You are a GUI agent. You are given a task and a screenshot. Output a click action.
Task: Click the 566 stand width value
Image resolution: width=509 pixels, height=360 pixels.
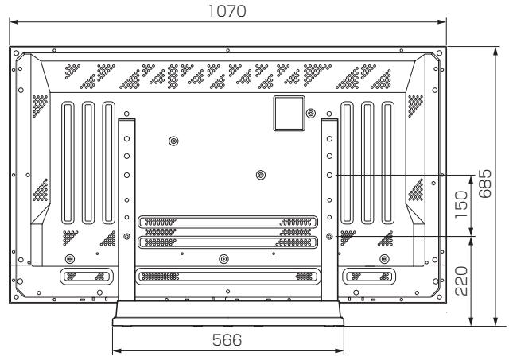pos(228,340)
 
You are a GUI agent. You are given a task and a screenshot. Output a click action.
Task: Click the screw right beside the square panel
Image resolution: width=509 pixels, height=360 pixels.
pos(310,114)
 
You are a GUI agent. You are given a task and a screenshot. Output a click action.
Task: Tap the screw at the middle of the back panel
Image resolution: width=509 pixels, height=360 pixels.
pos(261,174)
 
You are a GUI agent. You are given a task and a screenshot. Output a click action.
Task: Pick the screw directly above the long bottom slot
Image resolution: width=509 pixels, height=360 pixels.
pos(223,259)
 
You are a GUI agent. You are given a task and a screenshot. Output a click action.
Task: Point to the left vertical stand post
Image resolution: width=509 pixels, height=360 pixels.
pos(126,207)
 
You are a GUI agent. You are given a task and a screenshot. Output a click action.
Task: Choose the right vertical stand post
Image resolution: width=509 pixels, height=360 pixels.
pos(329,207)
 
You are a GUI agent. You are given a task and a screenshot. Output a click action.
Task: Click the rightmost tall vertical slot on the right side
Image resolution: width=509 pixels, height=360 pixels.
pos(387,163)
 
